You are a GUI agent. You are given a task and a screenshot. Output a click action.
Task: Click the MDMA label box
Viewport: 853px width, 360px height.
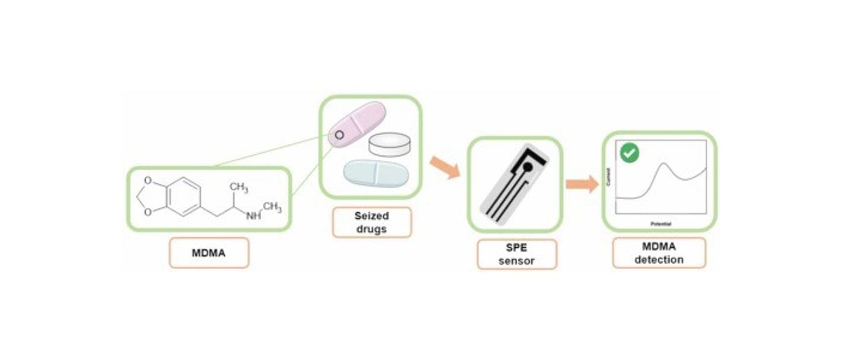coord(209,253)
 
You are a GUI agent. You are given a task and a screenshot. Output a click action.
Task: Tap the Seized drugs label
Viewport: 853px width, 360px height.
coord(372,222)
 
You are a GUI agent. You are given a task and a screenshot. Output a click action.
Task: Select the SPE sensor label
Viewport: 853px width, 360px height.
coord(516,254)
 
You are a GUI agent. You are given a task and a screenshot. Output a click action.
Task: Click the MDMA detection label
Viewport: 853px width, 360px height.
coord(658,253)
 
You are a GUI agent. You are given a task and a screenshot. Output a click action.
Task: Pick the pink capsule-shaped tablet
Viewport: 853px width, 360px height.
coord(357,123)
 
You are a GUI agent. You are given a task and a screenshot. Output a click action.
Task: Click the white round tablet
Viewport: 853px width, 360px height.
coord(389,144)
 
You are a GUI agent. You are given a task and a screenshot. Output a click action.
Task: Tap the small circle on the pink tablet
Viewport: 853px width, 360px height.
coord(339,135)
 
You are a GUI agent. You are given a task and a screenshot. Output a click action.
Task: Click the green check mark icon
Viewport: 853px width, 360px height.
coord(629,153)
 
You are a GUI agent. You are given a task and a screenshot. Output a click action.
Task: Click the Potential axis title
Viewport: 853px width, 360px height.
coord(661,224)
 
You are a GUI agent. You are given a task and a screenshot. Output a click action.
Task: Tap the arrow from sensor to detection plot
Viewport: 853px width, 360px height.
coord(582,184)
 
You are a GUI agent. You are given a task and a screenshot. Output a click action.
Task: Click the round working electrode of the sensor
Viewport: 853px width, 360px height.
coord(528,167)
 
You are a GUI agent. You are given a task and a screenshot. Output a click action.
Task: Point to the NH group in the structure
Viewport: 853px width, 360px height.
coord(254,216)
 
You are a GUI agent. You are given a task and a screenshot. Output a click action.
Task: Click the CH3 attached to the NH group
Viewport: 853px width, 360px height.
coord(272,207)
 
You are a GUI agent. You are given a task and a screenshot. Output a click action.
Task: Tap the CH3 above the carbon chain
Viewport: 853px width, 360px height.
coord(238,188)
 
